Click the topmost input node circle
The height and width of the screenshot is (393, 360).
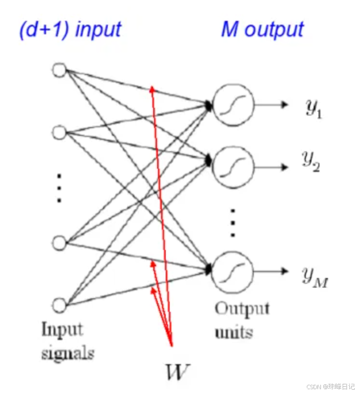pos(59,71)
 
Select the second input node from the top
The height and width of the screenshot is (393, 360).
pos(59,131)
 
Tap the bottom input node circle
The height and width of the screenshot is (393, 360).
pos(59,305)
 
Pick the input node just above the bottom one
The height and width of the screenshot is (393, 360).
pos(59,242)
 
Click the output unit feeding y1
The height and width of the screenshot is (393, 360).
pos(233,105)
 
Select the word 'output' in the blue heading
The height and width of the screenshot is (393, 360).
pos(274,30)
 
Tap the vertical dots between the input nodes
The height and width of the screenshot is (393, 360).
pos(59,187)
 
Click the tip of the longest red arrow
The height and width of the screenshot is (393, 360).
pos(152,87)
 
